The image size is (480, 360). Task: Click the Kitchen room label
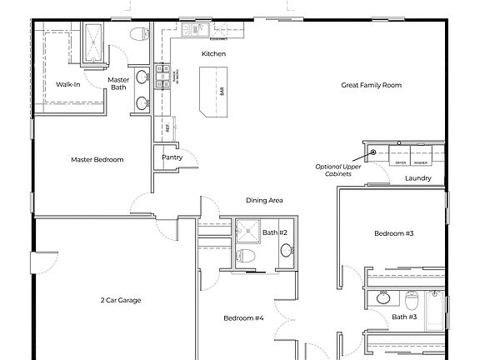pyautogui.click(x=213, y=54)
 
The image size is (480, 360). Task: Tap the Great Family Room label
pyautogui.click(x=372, y=85)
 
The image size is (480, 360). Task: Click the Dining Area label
pyautogui.click(x=264, y=200)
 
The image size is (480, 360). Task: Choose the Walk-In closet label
pyautogui.click(x=68, y=85)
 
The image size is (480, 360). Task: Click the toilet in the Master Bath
pyautogui.click(x=139, y=35)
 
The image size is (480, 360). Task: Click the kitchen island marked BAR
pyautogui.click(x=213, y=93)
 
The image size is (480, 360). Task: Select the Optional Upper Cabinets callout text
pyautogui.click(x=338, y=169)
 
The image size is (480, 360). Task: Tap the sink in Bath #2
pyautogui.click(x=287, y=250)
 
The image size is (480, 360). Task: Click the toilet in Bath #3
pyautogui.click(x=412, y=297)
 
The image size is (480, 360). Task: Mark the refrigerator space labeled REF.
pyautogui.click(x=167, y=128)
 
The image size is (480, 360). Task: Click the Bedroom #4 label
pyautogui.click(x=243, y=317)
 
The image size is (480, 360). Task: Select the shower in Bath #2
pyautogui.click(x=247, y=229)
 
